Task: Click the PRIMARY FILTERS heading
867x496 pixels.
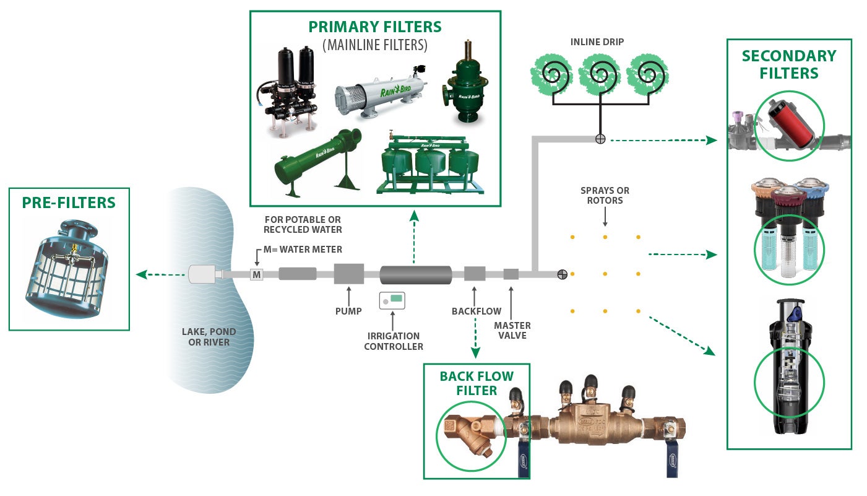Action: [x=375, y=27]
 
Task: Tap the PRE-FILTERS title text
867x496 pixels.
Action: [x=69, y=203]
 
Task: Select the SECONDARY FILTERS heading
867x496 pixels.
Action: [x=788, y=64]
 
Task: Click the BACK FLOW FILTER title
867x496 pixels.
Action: [x=476, y=383]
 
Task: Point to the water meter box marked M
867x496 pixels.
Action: [x=256, y=274]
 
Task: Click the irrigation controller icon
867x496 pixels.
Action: [x=392, y=300]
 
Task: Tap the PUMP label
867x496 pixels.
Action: [x=348, y=311]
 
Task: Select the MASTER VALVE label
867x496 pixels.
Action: [x=512, y=330]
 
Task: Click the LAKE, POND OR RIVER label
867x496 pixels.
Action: [x=209, y=337]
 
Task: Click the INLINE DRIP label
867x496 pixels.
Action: [x=597, y=43]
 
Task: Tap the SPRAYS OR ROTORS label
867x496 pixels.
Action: [x=605, y=196]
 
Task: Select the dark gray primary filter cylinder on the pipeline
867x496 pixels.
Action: [x=416, y=274]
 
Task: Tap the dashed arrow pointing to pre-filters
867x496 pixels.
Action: [x=162, y=274]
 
